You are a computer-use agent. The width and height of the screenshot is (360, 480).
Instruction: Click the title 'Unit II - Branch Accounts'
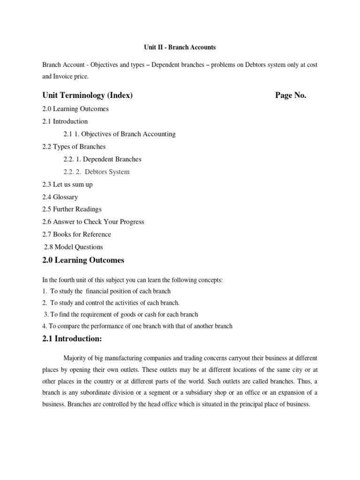[x=179, y=47]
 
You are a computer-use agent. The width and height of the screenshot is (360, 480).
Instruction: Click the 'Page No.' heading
[x=290, y=96]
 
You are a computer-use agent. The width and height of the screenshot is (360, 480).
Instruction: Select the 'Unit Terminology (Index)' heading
[x=88, y=96]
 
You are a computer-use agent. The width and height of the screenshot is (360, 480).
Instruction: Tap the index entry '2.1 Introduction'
[x=65, y=121]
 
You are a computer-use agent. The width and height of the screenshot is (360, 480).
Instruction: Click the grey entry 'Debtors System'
[x=107, y=172]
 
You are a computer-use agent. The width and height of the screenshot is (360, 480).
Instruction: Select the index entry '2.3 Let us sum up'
[x=67, y=184]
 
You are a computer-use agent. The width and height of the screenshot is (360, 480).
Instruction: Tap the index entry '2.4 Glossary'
[x=60, y=197]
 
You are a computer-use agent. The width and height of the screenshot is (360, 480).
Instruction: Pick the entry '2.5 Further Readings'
[x=72, y=209]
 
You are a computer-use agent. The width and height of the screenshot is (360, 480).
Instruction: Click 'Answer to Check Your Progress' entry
[x=93, y=222]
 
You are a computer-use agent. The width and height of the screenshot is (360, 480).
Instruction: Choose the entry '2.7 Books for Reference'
[x=76, y=234]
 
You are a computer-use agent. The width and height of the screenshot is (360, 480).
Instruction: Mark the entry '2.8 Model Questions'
[x=73, y=247]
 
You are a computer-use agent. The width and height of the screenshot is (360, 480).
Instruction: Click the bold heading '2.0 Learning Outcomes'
[x=83, y=260]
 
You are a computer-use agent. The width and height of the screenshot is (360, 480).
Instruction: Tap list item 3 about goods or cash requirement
[x=120, y=314]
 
